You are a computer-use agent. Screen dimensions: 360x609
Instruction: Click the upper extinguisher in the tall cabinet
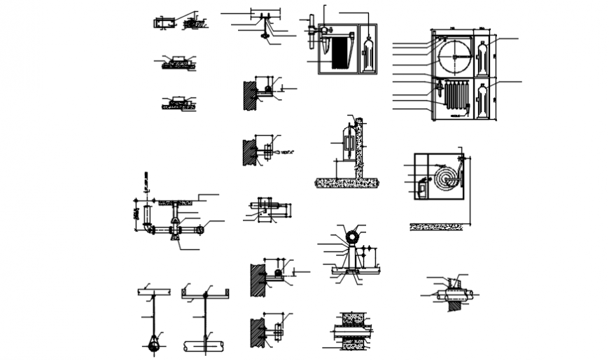(482, 58)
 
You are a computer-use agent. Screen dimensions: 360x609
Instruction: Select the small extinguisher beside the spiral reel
(423, 188)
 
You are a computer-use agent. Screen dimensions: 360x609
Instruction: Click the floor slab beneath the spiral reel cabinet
(437, 226)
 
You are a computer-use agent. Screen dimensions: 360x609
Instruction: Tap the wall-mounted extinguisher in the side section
(348, 146)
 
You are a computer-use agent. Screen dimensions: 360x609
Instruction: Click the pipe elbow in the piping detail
(147, 228)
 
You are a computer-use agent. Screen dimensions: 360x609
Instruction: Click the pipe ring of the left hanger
(153, 344)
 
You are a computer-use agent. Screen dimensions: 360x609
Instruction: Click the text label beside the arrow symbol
(287, 152)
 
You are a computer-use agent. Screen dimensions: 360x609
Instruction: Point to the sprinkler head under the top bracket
(265, 36)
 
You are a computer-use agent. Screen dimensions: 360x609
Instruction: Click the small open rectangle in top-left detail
(163, 23)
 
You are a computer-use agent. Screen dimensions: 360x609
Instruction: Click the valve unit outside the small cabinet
(310, 32)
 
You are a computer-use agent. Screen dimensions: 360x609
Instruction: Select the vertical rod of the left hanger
(153, 315)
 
